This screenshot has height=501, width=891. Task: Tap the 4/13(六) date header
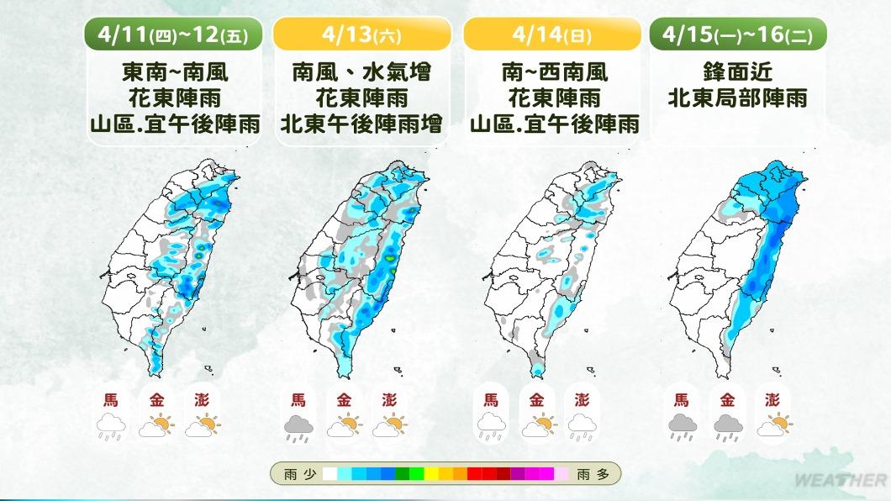pyautogui.click(x=362, y=34)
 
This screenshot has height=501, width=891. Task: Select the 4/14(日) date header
pyautogui.click(x=551, y=34)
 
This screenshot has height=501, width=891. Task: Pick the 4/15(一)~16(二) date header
pyautogui.click(x=738, y=34)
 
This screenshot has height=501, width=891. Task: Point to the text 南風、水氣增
pyautogui.click(x=362, y=71)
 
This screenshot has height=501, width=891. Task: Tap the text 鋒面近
pyautogui.click(x=738, y=71)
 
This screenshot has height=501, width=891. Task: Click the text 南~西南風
pyautogui.click(x=551, y=71)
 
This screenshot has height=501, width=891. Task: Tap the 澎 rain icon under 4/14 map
pyautogui.click(x=581, y=428)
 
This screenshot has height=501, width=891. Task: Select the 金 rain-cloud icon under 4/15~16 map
pyautogui.click(x=728, y=428)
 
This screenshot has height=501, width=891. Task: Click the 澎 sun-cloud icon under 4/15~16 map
pyautogui.click(x=773, y=428)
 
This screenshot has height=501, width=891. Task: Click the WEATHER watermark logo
pyautogui.click(x=841, y=481)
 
